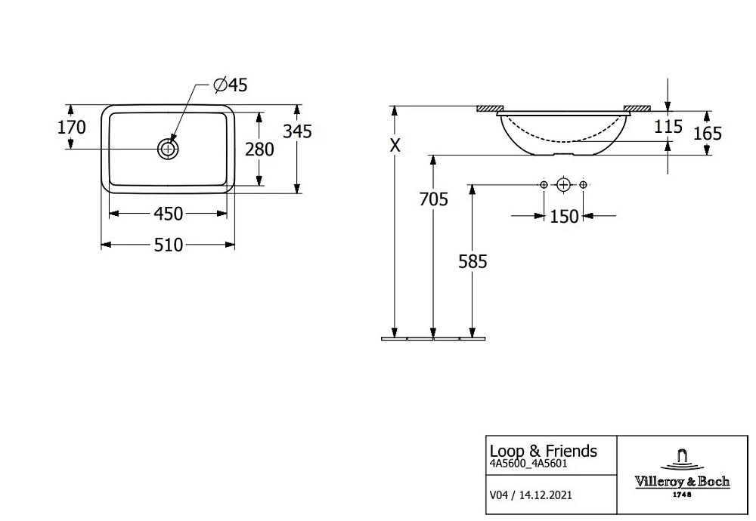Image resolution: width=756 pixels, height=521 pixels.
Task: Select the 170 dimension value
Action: [72, 127]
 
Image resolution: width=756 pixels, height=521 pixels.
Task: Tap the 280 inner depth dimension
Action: [259, 150]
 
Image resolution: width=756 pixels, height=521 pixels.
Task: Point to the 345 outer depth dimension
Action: [297, 131]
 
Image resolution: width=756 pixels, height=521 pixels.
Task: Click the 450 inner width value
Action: [168, 214]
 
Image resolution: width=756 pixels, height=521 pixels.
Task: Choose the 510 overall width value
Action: [168, 245]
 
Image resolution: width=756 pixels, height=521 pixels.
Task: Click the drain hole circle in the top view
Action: [168, 149]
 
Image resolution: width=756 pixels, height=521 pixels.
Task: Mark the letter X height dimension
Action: [395, 146]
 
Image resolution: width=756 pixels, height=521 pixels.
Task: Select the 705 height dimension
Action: [433, 199]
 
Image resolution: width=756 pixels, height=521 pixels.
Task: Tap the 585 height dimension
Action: [472, 261]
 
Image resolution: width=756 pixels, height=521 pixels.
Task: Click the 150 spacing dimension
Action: [564, 217]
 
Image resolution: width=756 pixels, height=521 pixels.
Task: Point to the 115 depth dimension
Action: [668, 127]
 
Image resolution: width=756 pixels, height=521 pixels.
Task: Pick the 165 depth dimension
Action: [708, 134]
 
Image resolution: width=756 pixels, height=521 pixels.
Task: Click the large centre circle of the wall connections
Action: [563, 185]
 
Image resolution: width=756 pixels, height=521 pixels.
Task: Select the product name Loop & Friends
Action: [543, 451]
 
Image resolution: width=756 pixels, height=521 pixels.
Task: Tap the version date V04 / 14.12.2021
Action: [531, 495]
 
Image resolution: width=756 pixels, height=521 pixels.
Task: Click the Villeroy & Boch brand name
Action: [681, 482]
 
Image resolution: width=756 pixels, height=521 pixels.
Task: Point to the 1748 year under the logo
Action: [681, 495]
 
